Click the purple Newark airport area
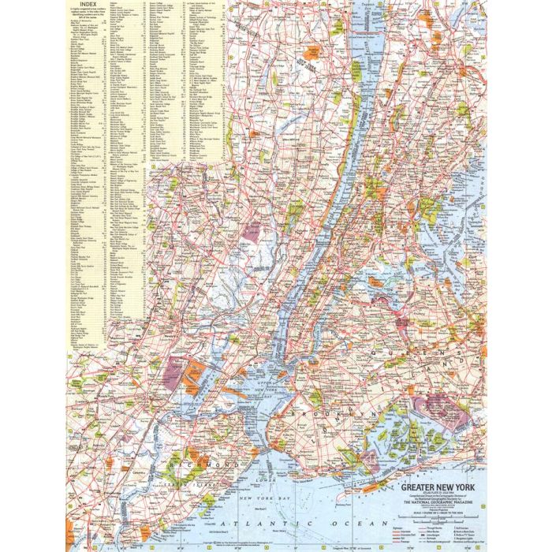click(176, 371)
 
